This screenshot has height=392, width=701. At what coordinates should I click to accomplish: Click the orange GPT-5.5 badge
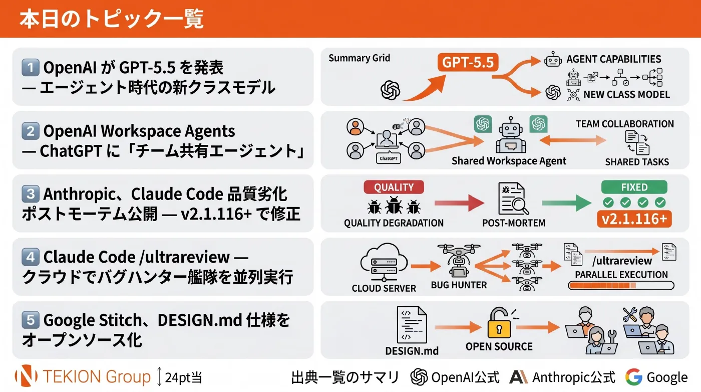[x=468, y=62]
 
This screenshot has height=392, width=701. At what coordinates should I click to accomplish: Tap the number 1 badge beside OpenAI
[x=31, y=67]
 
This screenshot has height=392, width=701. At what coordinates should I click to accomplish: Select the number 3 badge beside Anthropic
[x=31, y=193]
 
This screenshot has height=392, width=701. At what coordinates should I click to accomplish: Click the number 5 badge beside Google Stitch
[x=31, y=320]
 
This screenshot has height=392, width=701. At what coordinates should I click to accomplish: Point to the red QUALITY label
[x=394, y=187]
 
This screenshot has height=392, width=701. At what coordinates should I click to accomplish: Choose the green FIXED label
[x=634, y=187]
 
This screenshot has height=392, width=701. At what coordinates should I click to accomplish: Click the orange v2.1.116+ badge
[x=634, y=219]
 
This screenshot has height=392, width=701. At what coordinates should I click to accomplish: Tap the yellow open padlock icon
[x=499, y=323]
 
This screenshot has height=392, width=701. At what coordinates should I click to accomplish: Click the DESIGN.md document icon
[x=412, y=325]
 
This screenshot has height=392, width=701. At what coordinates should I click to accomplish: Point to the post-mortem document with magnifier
[x=513, y=199]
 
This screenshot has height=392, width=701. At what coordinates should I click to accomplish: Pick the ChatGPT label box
[x=389, y=158]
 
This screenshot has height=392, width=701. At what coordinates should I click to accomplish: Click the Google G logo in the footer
[x=634, y=377]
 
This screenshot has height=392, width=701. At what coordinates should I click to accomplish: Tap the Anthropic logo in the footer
[x=519, y=377]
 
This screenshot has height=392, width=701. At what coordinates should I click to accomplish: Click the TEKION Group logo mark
[x=26, y=375]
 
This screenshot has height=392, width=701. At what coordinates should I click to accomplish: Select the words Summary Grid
[x=360, y=58]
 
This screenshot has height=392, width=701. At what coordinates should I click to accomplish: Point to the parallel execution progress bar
[x=621, y=285]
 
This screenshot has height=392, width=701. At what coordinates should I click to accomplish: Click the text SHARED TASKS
[x=637, y=162]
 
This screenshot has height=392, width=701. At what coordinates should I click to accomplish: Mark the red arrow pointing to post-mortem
[x=460, y=203]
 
